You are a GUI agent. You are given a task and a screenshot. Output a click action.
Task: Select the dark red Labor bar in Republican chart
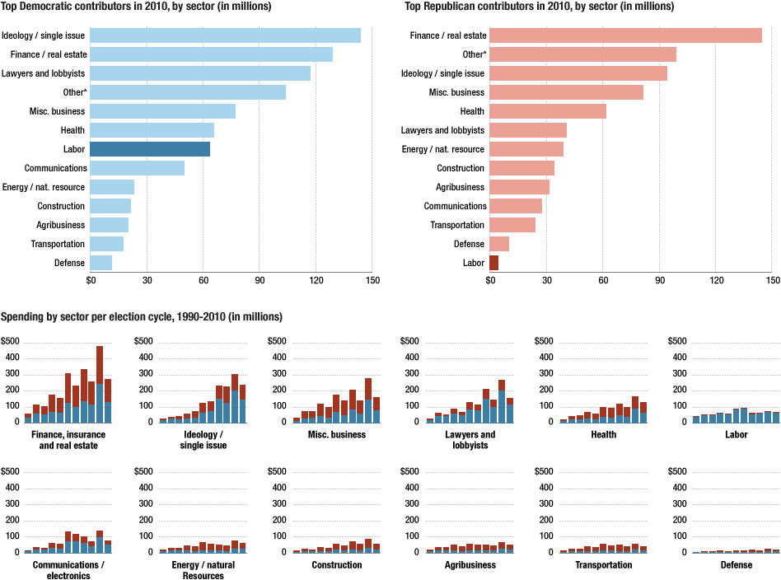(493, 263)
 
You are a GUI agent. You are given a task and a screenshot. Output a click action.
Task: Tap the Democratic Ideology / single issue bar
(225, 35)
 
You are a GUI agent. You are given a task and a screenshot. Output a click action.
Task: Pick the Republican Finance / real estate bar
(625, 35)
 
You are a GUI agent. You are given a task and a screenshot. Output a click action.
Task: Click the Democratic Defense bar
(101, 263)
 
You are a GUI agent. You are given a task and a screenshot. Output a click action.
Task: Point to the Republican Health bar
(547, 111)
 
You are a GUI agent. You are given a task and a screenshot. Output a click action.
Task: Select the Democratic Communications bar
(137, 168)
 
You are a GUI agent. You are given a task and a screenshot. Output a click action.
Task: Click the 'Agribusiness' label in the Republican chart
(461, 187)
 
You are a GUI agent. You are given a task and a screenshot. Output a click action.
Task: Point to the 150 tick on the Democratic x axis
(372, 280)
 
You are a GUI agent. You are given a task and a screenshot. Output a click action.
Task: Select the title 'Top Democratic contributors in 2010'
(136, 7)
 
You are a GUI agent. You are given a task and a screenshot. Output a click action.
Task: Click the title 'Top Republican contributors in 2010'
(539, 7)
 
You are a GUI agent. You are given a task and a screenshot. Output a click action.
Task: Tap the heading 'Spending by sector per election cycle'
(142, 316)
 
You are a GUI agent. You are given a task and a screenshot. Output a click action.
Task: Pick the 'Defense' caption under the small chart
(736, 565)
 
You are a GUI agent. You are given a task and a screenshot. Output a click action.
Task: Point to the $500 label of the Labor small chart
(677, 341)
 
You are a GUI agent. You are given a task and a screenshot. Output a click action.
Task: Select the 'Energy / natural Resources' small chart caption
(203, 570)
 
